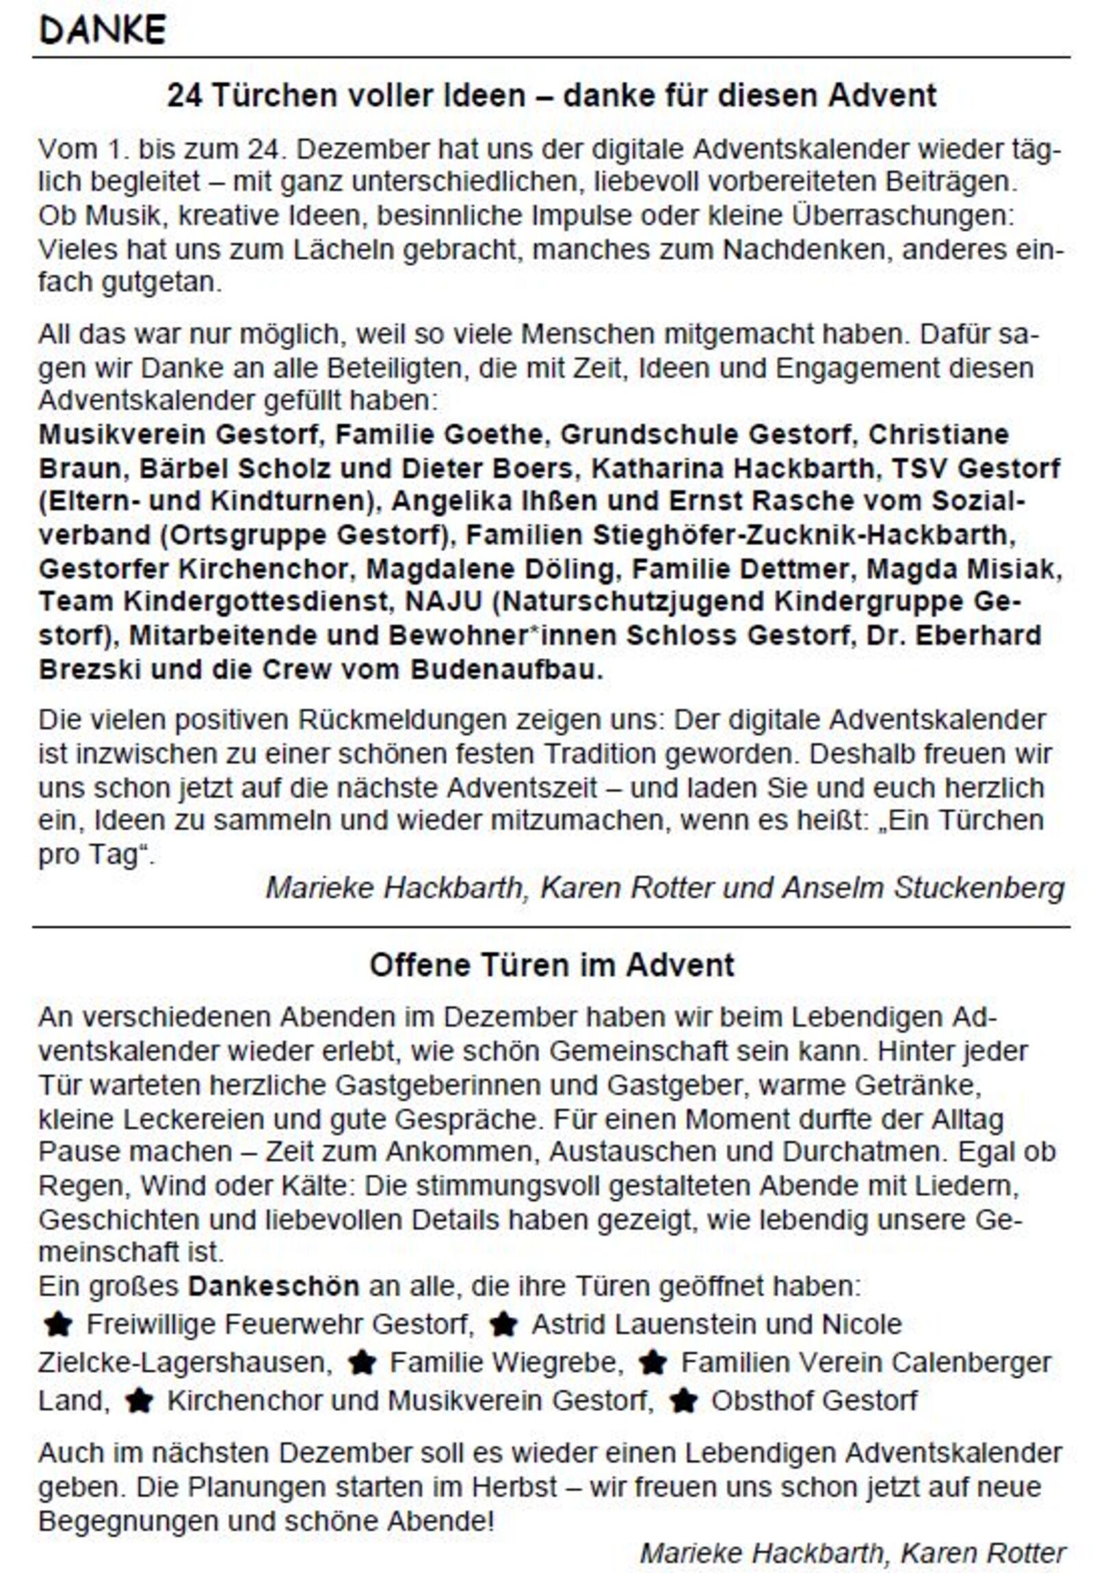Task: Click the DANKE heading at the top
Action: click(x=103, y=31)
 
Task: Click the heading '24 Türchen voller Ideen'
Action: click(x=551, y=95)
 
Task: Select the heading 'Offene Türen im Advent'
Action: click(x=551, y=965)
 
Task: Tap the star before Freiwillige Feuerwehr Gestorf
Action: click(x=57, y=1325)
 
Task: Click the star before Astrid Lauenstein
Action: click(x=503, y=1325)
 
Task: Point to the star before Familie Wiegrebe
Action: click(x=363, y=1363)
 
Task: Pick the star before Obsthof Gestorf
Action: click(x=683, y=1401)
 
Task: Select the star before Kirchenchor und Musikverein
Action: click(x=139, y=1401)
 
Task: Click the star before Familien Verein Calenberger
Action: click(x=653, y=1363)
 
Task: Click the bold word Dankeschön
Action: click(x=274, y=1286)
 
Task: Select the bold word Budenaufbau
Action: click(x=507, y=670)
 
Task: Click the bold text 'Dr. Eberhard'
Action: click(x=953, y=635)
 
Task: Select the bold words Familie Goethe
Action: click(x=438, y=434)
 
